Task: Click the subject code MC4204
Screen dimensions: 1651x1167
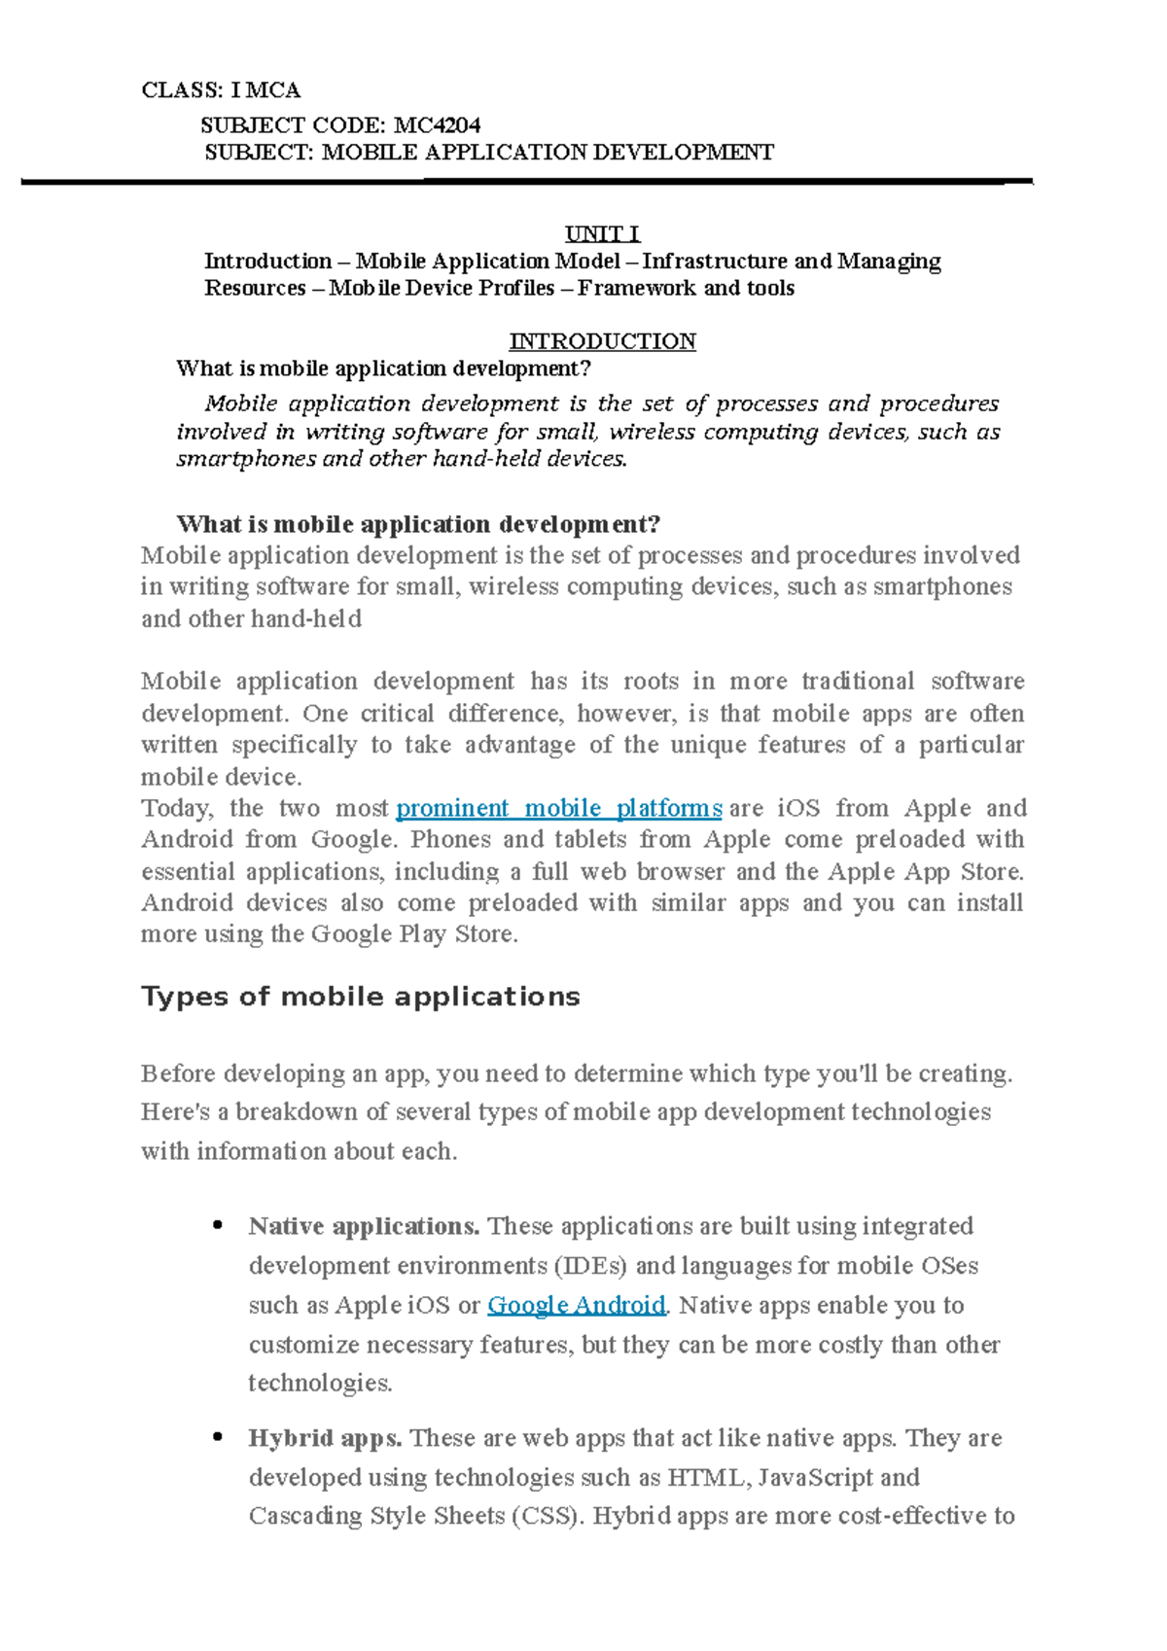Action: (x=437, y=125)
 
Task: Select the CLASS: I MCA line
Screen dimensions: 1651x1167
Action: (x=221, y=90)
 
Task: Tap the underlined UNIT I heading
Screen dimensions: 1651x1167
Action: (x=602, y=234)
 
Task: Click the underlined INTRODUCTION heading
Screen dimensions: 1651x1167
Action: (x=602, y=341)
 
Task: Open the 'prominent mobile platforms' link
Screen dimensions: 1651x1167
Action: (x=558, y=808)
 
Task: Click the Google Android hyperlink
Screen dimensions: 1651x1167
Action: (x=576, y=1305)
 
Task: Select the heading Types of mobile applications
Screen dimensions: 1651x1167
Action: (x=360, y=997)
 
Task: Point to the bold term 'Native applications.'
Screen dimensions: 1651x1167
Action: (x=364, y=1226)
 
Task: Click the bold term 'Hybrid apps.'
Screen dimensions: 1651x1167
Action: (x=325, y=1438)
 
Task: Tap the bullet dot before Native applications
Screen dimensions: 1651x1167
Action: (x=218, y=1225)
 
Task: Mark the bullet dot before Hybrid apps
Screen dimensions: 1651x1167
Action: (x=218, y=1437)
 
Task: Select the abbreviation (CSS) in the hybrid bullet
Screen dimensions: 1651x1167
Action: (x=548, y=1516)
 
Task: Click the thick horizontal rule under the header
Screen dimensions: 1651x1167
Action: (x=525, y=182)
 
